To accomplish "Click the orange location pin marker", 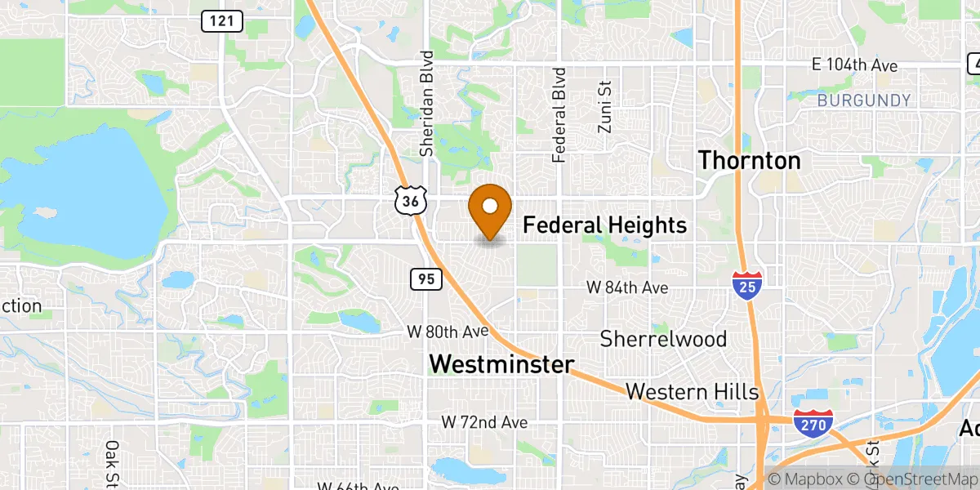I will point(490,211).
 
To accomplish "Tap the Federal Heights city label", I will point(604,225).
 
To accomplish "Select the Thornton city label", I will point(749,160).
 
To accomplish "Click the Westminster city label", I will point(501,364).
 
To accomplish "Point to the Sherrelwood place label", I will point(663,338).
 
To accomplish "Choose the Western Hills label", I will point(693,392).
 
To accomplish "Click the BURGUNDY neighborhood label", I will point(863,100).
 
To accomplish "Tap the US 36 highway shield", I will point(410,200).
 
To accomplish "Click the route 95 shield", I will point(425,279).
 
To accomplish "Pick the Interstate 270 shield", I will point(813,422).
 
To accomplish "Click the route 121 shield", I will point(221,22).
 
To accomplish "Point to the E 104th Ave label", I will point(854,65).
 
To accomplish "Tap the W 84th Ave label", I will point(628,287).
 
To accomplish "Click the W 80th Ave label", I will point(448,332).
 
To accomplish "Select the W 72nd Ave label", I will point(484,422).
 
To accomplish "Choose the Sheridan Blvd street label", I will point(425,104).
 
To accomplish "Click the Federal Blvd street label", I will point(559,114).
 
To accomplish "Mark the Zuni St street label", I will point(604,106).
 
